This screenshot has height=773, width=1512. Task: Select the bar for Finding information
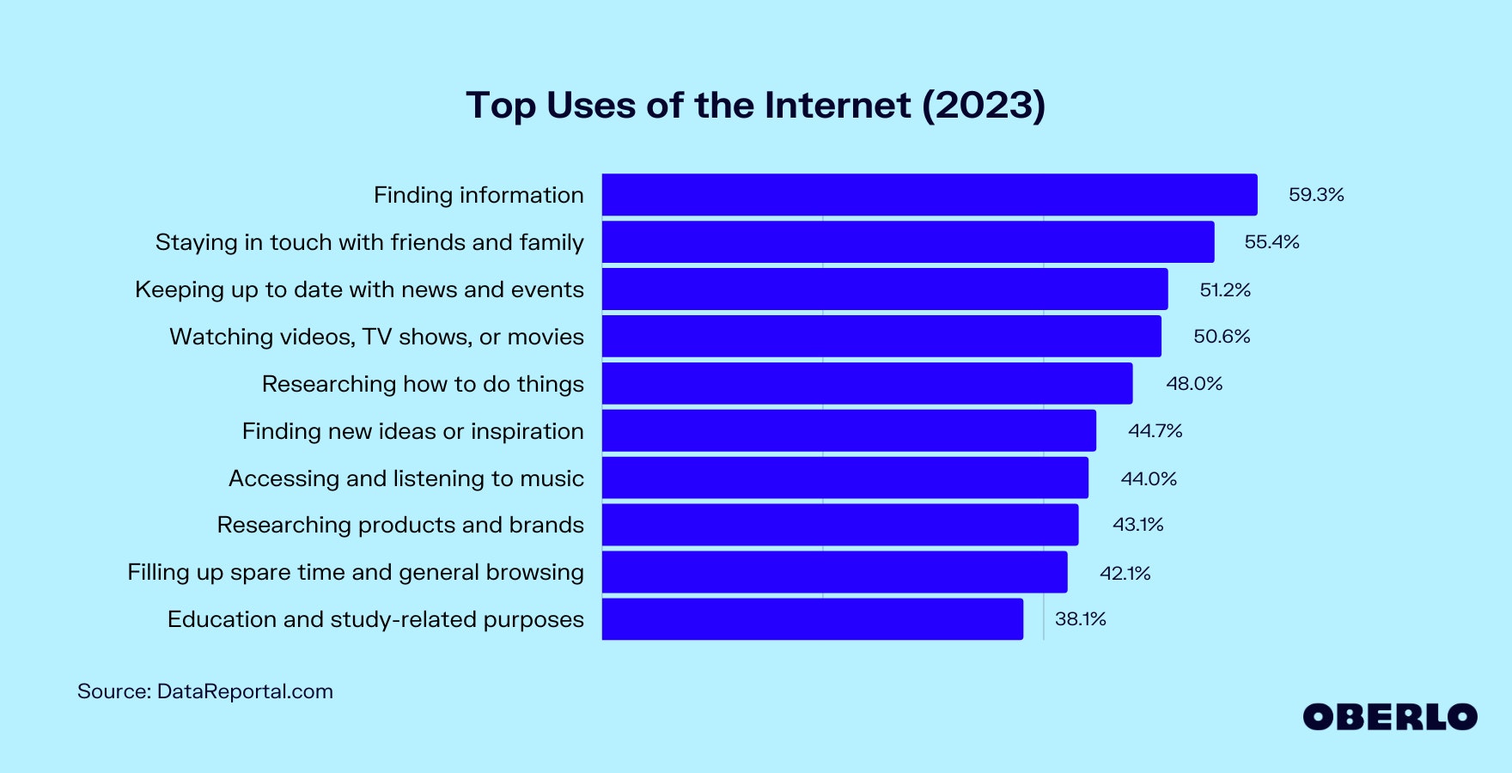click(x=929, y=195)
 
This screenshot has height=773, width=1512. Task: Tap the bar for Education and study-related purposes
click(x=812, y=619)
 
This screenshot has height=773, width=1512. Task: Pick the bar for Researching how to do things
click(x=867, y=383)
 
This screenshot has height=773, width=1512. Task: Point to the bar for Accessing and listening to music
click(x=844, y=478)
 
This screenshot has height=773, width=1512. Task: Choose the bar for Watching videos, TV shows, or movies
click(x=881, y=336)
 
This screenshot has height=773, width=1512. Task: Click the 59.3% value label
click(x=1315, y=195)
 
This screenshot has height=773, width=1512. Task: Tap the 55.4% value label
click(x=1271, y=242)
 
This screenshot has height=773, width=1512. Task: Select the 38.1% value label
click(x=1080, y=619)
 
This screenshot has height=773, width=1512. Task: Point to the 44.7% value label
click(x=1155, y=430)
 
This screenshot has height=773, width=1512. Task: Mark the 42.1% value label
click(x=1125, y=573)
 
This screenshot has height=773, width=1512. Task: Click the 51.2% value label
click(x=1224, y=290)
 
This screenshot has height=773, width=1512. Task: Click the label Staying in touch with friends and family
click(x=369, y=242)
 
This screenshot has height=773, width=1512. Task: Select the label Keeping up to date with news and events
click(x=359, y=289)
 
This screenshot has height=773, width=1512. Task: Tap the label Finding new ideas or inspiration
click(x=412, y=431)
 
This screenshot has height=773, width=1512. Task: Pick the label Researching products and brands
click(x=400, y=525)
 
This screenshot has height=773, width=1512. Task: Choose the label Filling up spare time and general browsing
click(x=356, y=572)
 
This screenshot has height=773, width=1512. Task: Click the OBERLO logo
click(x=1389, y=717)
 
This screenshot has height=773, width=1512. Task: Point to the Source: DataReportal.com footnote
click(x=205, y=691)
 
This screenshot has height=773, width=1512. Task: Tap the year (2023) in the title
click(x=984, y=106)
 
